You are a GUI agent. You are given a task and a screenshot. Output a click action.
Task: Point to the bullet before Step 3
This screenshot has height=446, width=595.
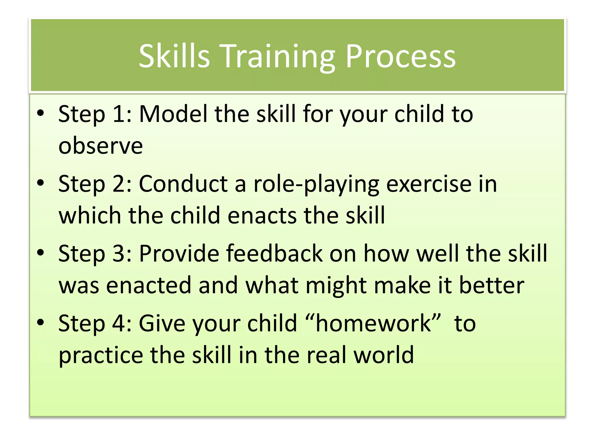pos(41,253)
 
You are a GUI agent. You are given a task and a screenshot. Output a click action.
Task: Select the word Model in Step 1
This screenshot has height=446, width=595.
pos(173,114)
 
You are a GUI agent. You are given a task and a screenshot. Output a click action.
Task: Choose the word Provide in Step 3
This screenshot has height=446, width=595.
pos(179,253)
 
